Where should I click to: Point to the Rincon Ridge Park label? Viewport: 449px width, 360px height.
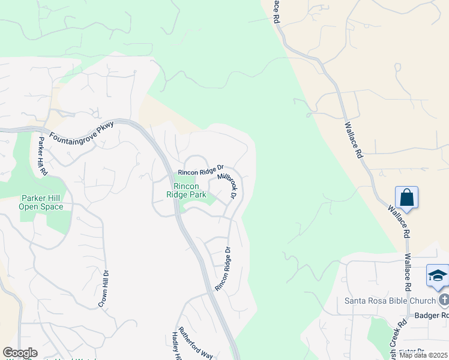[186, 190]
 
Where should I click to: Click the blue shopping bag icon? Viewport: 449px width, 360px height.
[406, 197]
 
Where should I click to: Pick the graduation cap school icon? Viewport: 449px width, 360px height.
[438, 275]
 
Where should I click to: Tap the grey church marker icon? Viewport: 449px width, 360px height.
[444, 299]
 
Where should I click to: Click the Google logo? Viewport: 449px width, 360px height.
[20, 353]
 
